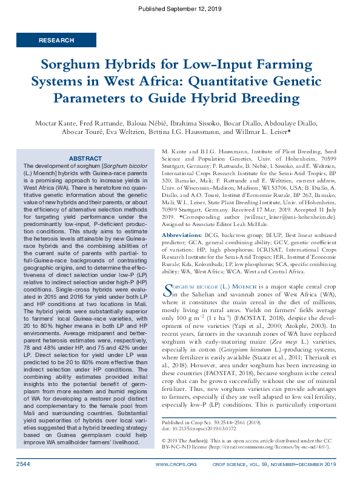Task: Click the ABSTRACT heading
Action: tap(85, 158)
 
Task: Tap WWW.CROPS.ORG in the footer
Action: tap(176, 464)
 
